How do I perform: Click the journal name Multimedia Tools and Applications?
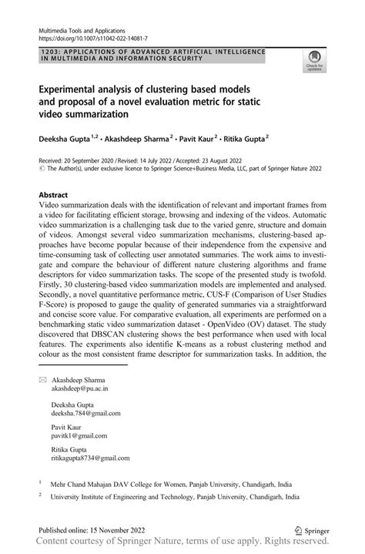pos(76,28)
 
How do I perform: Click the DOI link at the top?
pos(89,36)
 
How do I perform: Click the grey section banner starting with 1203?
pos(151,54)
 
